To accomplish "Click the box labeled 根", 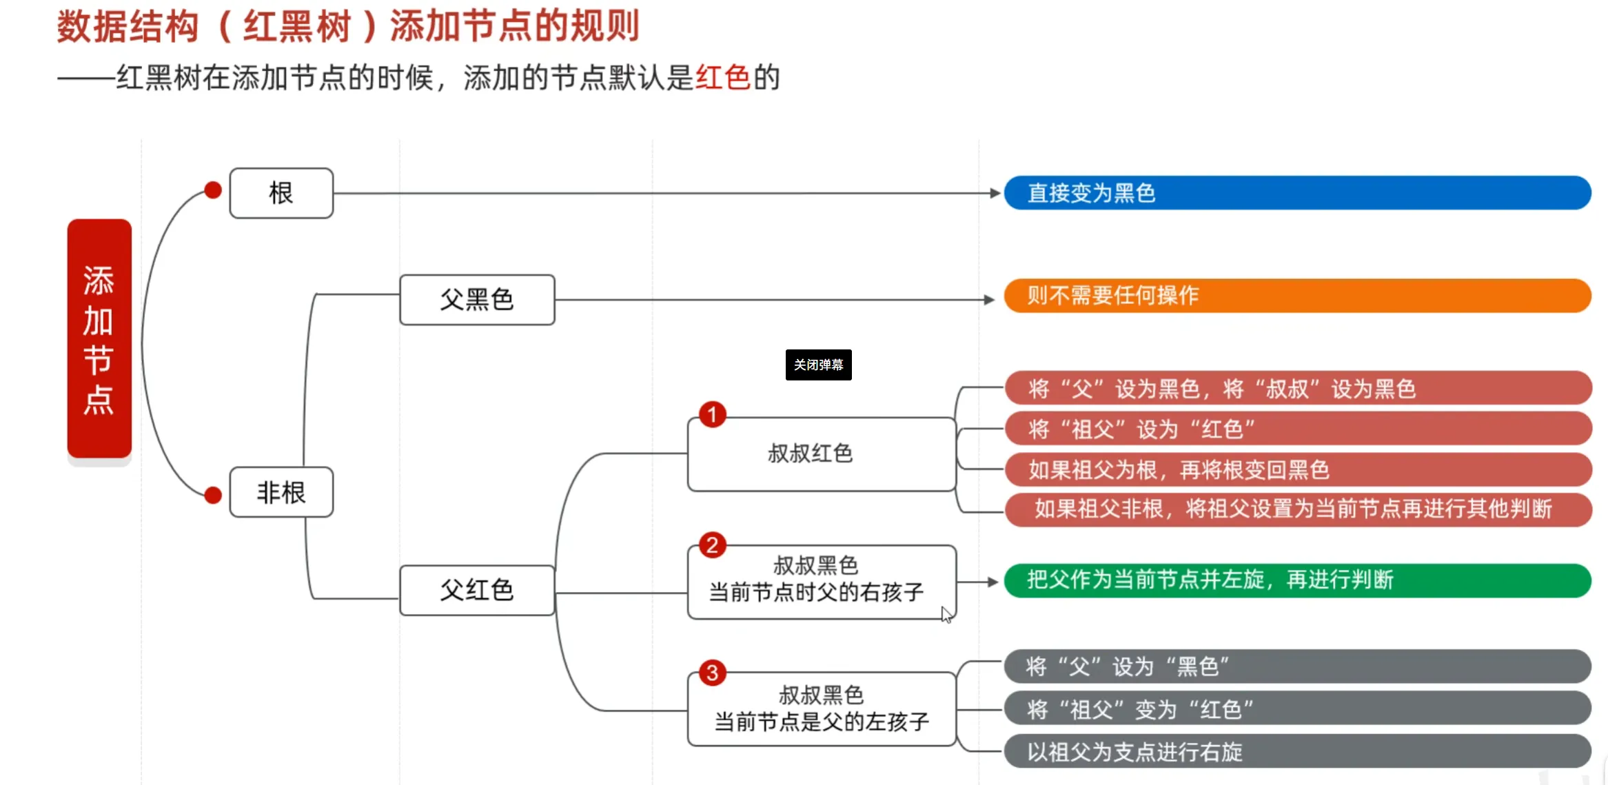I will coord(281,193).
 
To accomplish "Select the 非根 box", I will coord(281,492).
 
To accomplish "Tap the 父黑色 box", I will coord(477,300).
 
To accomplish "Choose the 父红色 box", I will coord(477,590).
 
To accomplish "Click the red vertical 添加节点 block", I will coord(99,338).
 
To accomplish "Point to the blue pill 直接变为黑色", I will coord(1297,193).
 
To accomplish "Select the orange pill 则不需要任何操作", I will coord(1297,296).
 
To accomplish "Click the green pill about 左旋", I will coord(1297,580).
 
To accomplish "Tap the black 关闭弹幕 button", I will coord(818,365).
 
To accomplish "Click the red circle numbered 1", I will coord(713,415).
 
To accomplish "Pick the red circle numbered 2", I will coord(713,545).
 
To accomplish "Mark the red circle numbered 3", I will coord(713,673).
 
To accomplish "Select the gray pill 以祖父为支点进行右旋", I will coord(1297,751).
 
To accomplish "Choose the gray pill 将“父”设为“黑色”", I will coord(1297,666).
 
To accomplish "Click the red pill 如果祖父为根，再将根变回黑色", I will coord(1298,470).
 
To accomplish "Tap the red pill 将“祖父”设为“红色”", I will coord(1298,429).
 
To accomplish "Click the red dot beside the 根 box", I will coord(214,190).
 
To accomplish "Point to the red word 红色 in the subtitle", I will coord(723,77).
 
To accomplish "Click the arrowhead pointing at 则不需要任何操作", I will coord(989,300).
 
